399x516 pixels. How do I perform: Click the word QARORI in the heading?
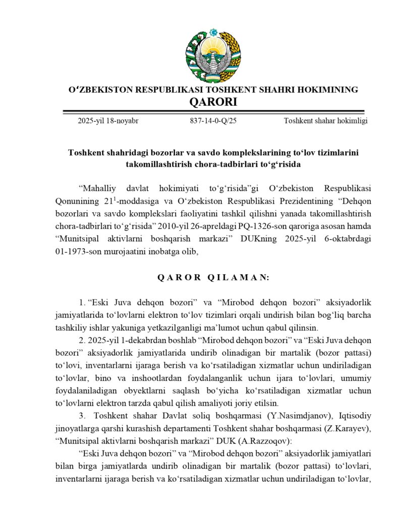click(213, 102)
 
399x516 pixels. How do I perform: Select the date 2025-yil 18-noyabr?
click(108, 121)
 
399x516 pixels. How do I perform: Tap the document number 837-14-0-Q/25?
click(213, 121)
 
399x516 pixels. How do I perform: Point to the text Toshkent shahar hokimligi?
click(325, 121)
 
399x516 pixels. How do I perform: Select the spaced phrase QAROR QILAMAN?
click(213, 277)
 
